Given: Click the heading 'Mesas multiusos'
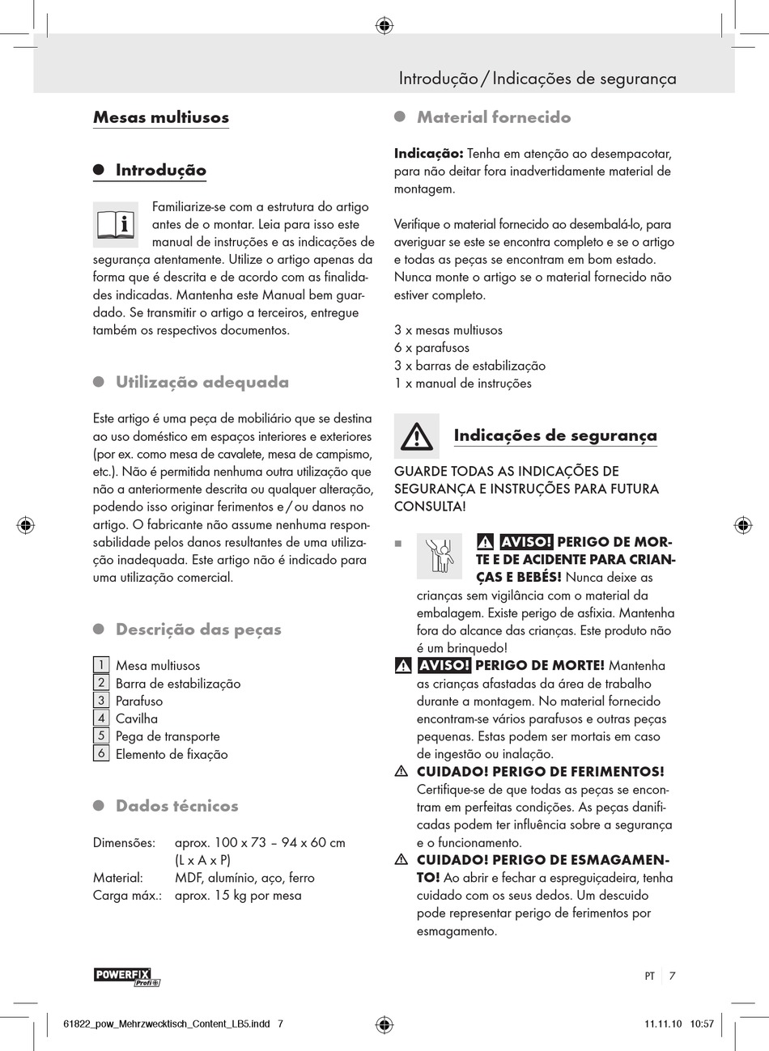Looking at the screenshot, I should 161,117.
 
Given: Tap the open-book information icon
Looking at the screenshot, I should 116,224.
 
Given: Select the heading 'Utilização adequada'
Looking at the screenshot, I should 202,382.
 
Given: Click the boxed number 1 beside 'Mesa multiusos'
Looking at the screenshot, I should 101,665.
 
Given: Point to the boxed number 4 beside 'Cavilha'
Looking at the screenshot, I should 101,718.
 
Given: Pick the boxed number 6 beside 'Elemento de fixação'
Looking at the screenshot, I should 101,753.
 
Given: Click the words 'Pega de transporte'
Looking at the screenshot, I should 168,736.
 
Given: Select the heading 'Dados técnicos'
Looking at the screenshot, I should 176,806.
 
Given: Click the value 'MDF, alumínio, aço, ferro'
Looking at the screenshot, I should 244,878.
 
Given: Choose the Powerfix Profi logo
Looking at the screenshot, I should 127,977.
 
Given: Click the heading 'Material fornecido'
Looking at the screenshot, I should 494,117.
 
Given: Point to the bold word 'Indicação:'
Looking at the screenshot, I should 428,154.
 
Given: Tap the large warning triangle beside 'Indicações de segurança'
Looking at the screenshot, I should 416,437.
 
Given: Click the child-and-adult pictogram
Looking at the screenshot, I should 440,556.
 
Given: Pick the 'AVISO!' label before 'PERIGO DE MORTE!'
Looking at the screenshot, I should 444,666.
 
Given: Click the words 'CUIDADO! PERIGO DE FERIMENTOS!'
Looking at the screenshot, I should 540,772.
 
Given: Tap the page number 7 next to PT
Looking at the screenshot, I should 672,976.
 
